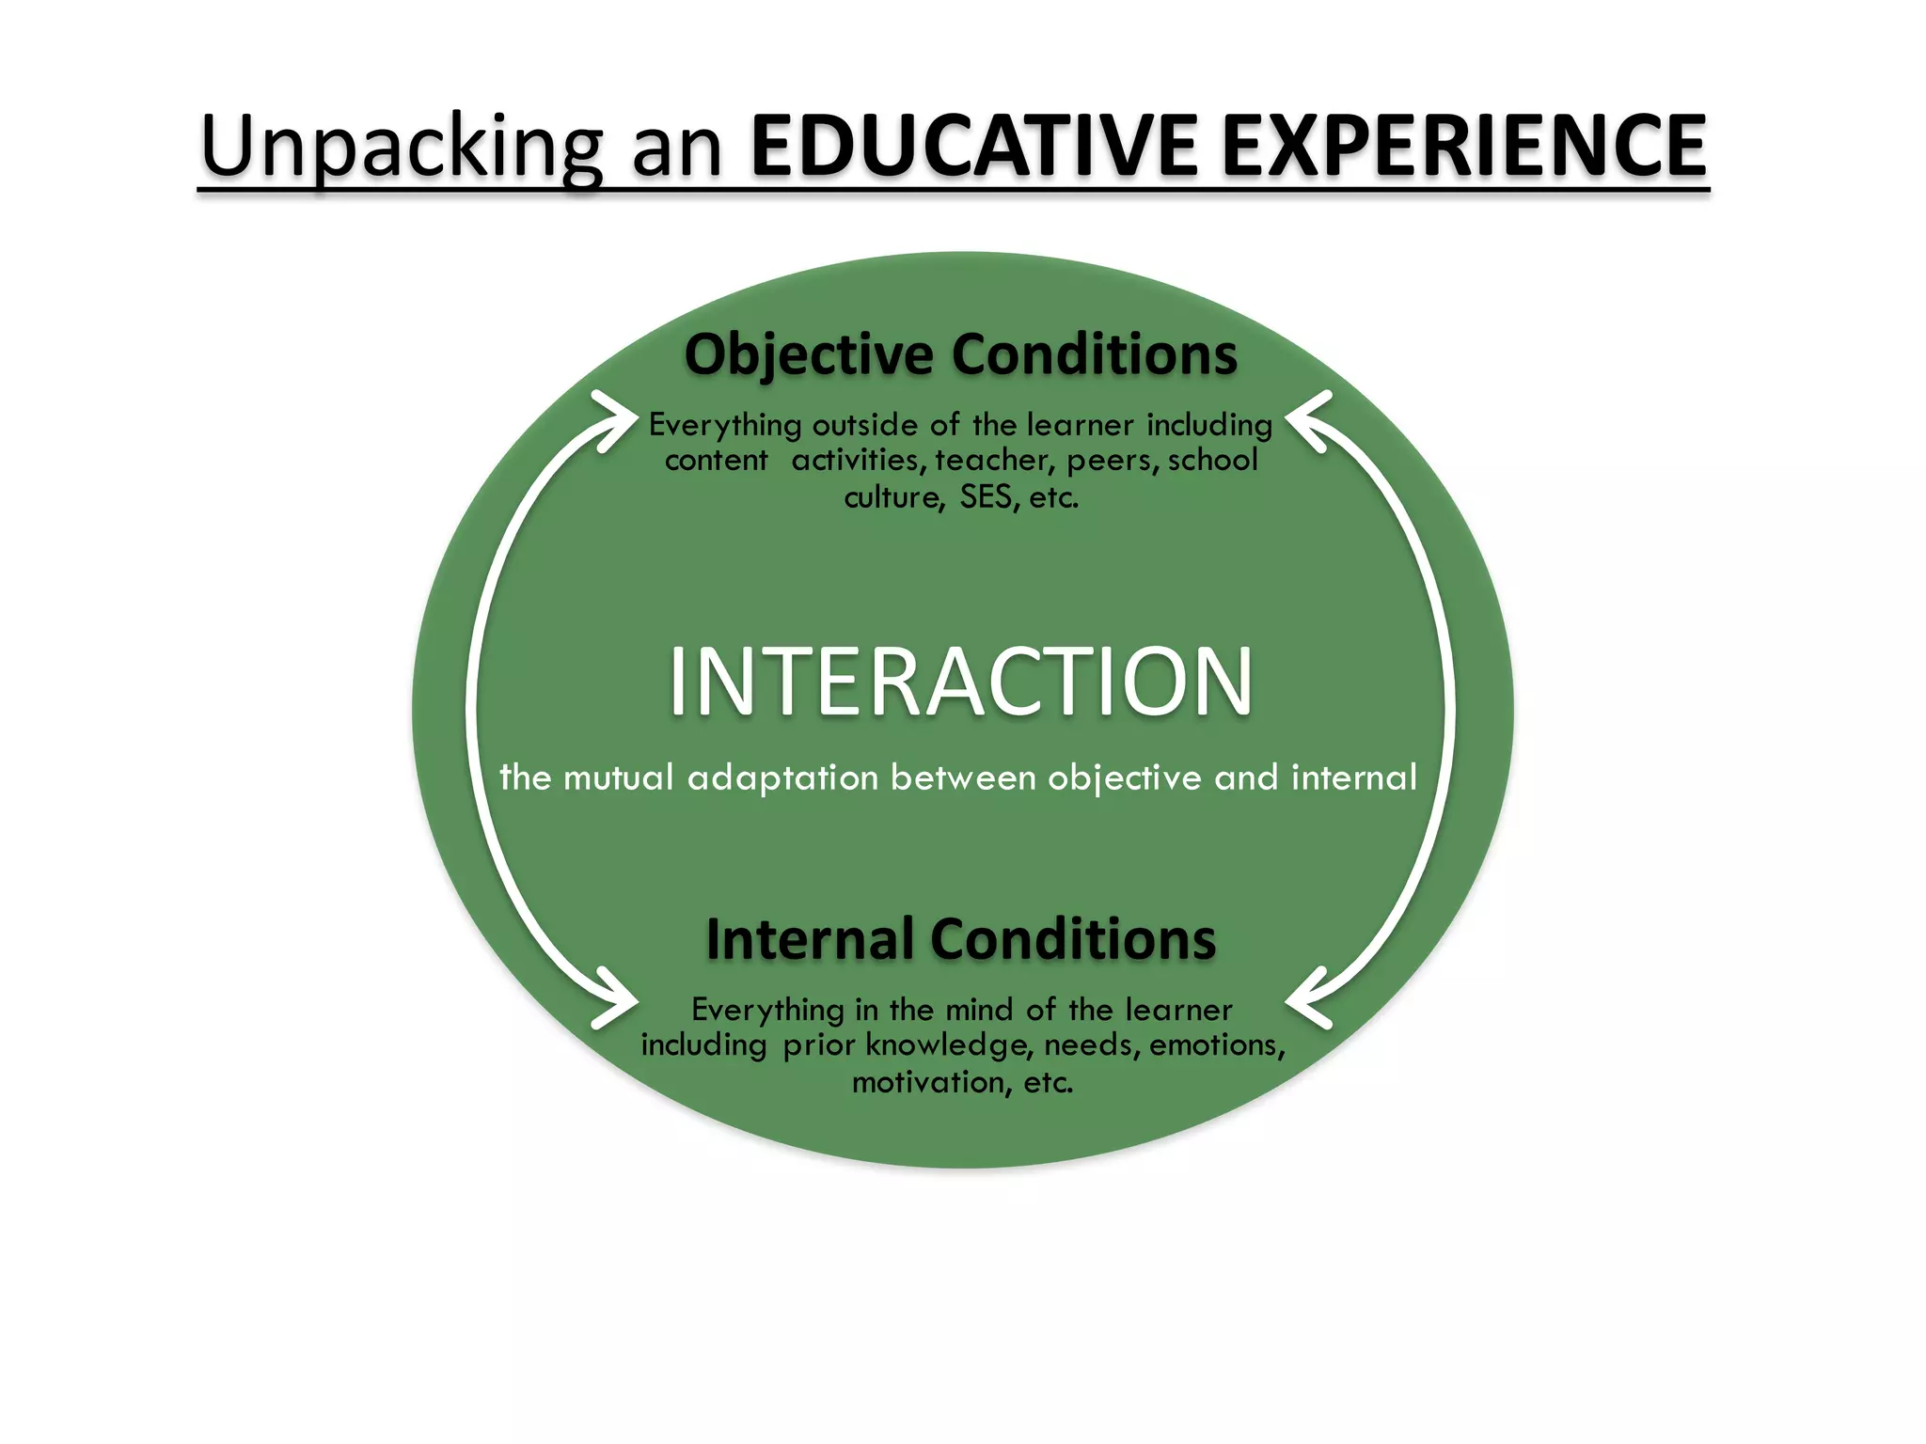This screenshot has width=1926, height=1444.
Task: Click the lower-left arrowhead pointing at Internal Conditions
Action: tap(616, 998)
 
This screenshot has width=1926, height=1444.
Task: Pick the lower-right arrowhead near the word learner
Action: tap(1307, 998)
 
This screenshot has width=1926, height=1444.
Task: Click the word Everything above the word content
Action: tap(725, 425)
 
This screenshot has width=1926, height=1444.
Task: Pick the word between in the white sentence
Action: tap(963, 777)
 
